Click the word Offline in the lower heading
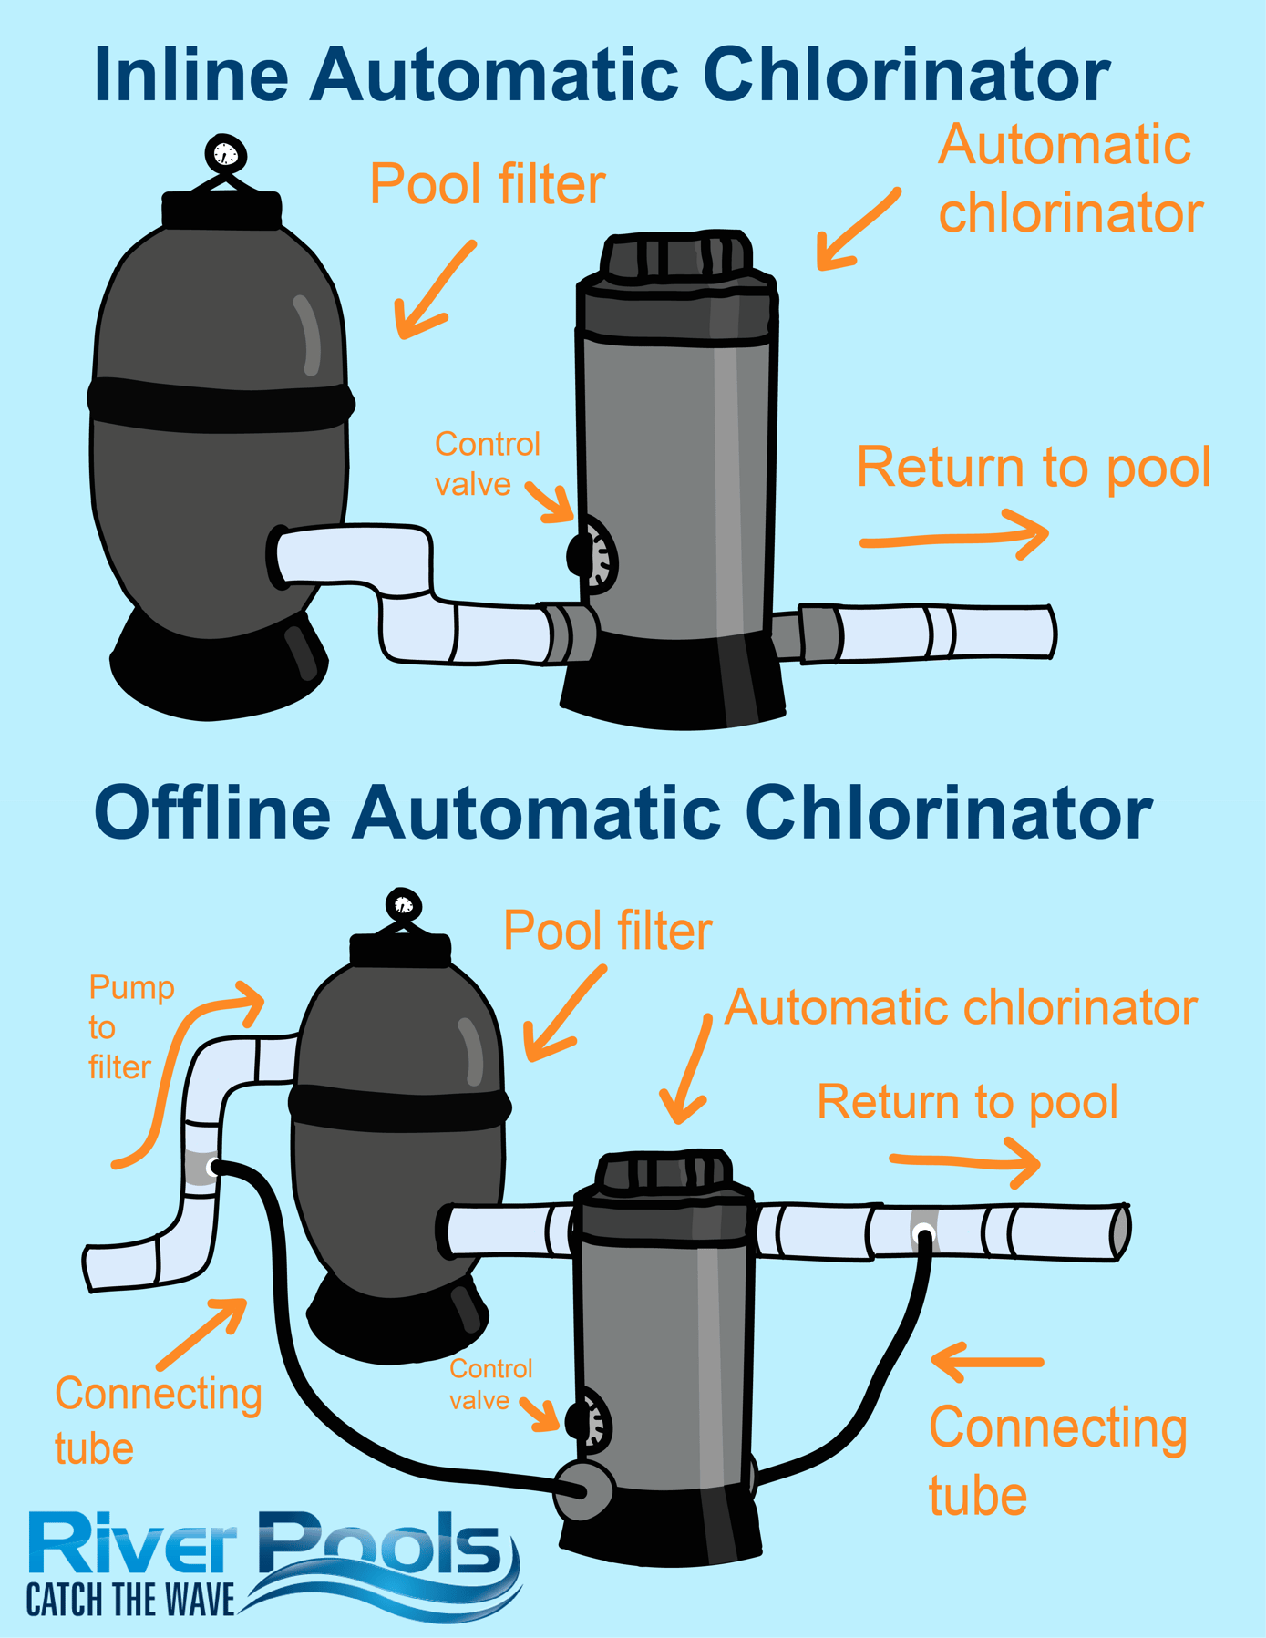[212, 812]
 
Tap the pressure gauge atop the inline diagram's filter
[225, 154]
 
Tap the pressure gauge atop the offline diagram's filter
[403, 905]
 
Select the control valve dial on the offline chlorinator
[588, 1419]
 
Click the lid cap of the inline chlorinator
[676, 255]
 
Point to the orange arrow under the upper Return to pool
[953, 537]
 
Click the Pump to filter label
[128, 1027]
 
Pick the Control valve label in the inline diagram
[486, 464]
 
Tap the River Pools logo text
[264, 1543]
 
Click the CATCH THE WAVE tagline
[130, 1601]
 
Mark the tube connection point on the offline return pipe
[924, 1235]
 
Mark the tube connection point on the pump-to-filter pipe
[211, 1166]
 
